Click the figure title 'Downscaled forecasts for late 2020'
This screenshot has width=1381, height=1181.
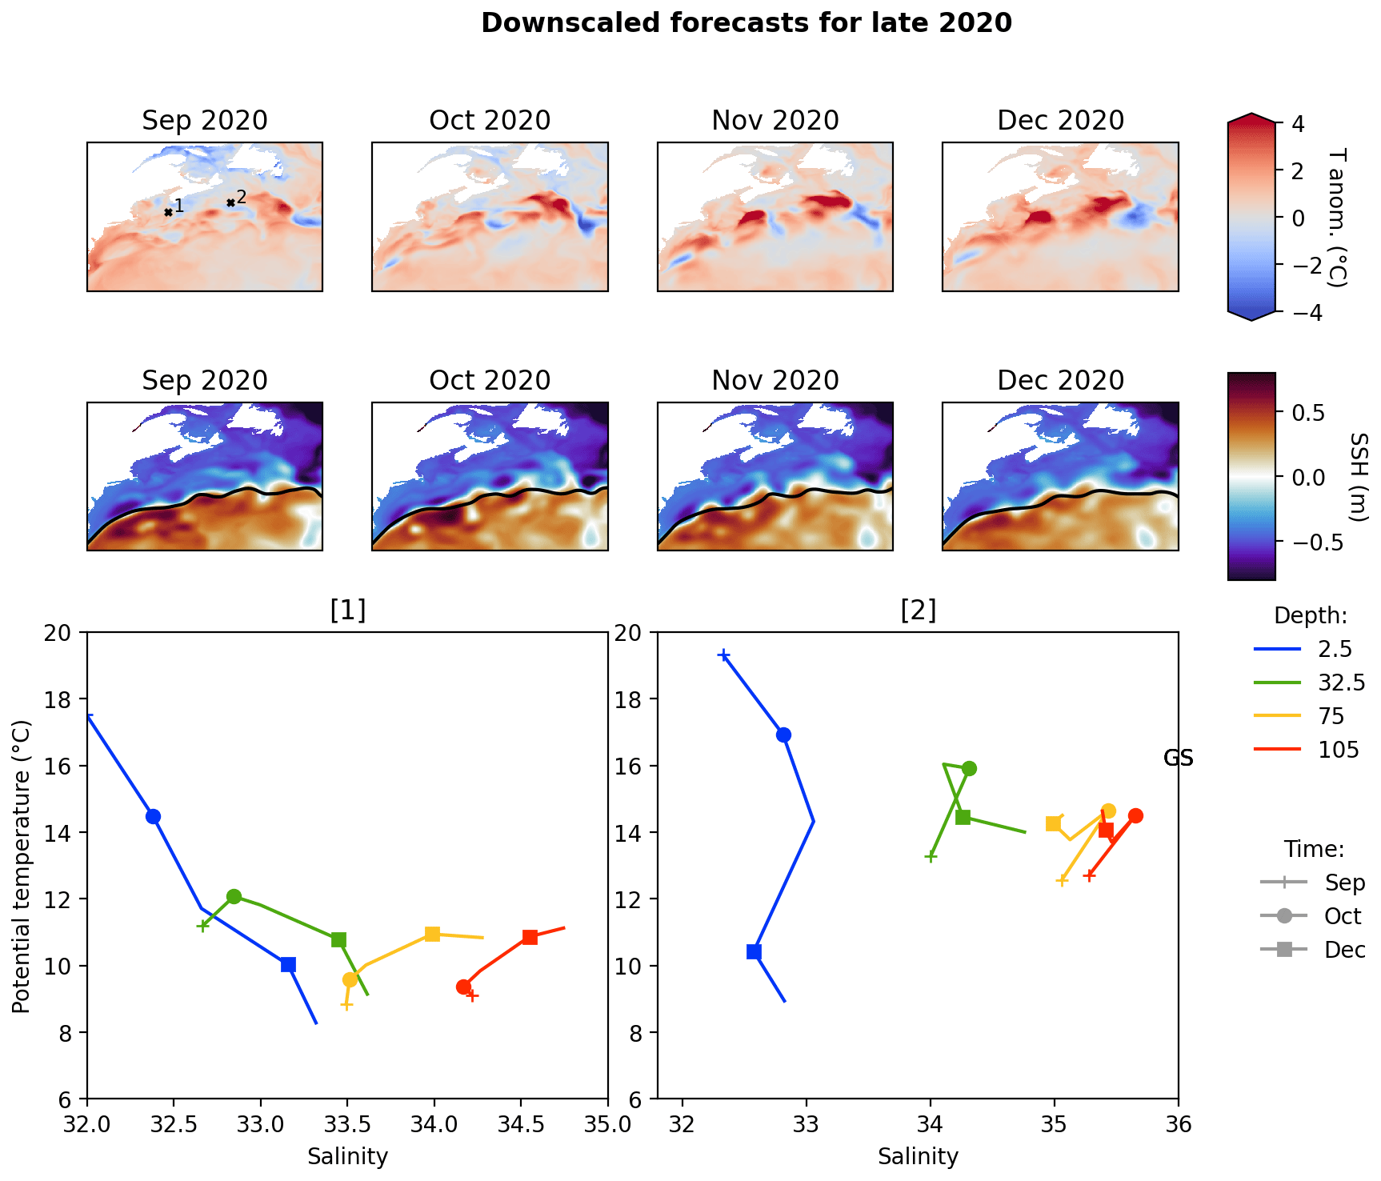pos(746,23)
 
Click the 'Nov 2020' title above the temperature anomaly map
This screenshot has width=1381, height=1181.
pos(775,121)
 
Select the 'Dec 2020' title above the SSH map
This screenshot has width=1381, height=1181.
pos(1060,381)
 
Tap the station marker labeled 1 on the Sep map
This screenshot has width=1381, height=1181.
pos(168,212)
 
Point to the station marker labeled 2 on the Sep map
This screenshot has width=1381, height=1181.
pos(230,202)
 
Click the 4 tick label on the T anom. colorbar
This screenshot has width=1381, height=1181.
pos(1298,124)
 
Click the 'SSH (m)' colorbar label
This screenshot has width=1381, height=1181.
pos(1359,477)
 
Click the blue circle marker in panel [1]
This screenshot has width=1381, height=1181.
pos(153,816)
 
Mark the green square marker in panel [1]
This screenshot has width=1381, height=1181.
pos(338,939)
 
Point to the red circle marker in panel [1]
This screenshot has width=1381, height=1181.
pos(463,987)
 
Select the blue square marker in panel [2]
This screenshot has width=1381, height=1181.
pos(754,951)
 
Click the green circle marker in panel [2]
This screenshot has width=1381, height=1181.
pos(969,768)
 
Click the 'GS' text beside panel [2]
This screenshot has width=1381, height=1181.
pos(1178,758)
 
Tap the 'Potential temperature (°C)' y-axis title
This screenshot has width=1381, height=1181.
pos(22,867)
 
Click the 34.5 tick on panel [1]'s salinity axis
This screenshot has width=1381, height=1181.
pos(521,1124)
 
